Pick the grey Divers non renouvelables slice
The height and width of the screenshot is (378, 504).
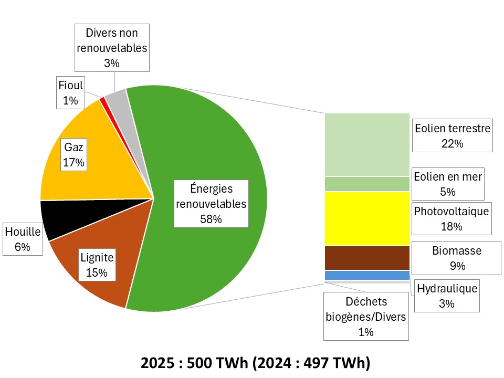pos(117,95)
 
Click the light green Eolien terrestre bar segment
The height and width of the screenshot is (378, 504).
pos(367,144)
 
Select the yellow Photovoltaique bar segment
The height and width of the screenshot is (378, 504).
pos(367,218)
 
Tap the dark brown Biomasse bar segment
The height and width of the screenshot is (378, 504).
pos(367,258)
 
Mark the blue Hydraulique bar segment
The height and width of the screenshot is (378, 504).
pos(367,275)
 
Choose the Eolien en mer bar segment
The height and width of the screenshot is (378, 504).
pos(367,184)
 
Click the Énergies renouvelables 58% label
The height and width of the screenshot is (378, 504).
pos(211,204)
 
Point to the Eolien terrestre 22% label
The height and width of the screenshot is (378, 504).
pos(452,135)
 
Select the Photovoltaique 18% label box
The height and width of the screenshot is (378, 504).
pos(451,219)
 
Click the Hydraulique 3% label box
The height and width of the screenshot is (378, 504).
pos(447,296)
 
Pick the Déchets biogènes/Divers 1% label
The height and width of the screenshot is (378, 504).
pos(366,317)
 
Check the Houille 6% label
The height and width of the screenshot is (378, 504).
pos(22,239)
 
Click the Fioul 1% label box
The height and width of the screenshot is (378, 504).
pos(70,92)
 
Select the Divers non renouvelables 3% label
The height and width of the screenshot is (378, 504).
pos(112,48)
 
